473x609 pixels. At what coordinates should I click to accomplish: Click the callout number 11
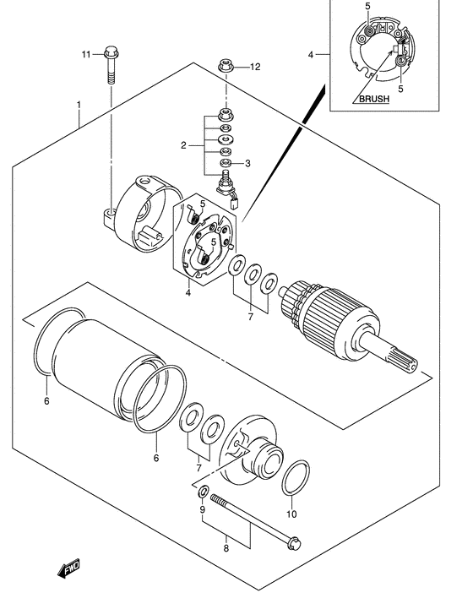pyautogui.click(x=86, y=54)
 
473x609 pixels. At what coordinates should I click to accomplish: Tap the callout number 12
pyautogui.click(x=255, y=68)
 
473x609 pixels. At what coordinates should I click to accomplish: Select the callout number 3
pyautogui.click(x=247, y=164)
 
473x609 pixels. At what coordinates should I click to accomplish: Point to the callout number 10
pyautogui.click(x=291, y=514)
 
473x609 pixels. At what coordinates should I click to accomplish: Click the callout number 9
pyautogui.click(x=202, y=509)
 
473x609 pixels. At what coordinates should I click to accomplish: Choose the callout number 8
pyautogui.click(x=226, y=548)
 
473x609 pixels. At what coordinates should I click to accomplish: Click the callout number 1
pyautogui.click(x=79, y=105)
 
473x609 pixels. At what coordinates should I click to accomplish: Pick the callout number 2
pyautogui.click(x=183, y=145)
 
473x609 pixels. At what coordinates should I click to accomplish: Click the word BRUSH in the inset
pyautogui.click(x=374, y=99)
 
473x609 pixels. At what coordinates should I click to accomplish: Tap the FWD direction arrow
pyautogui.click(x=69, y=568)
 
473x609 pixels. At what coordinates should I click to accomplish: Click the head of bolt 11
pyautogui.click(x=111, y=52)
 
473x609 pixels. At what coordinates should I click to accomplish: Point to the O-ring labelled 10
pyautogui.click(x=296, y=478)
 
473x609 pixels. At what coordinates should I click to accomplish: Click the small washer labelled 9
pyautogui.click(x=204, y=492)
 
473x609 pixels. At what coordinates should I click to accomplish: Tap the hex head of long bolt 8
pyautogui.click(x=294, y=543)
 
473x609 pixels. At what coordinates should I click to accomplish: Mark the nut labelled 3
pyautogui.click(x=226, y=163)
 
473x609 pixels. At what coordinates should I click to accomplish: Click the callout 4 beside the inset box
pyautogui.click(x=311, y=55)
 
